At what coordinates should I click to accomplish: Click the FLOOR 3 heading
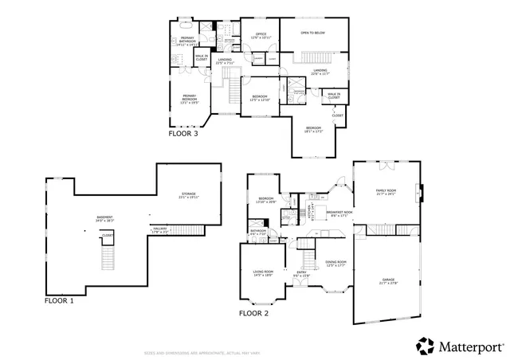(182, 134)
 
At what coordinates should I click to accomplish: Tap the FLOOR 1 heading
(59, 301)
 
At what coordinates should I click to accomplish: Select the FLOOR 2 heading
(253, 313)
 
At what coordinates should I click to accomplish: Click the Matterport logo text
(469, 346)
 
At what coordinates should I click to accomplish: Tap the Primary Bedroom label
(188, 99)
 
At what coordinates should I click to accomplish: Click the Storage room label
(188, 194)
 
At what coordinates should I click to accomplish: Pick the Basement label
(104, 218)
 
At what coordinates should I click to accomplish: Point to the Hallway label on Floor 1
(160, 229)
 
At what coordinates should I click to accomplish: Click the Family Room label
(386, 192)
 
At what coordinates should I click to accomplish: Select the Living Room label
(263, 273)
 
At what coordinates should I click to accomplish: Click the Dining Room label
(335, 264)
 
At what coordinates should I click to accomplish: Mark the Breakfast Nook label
(339, 213)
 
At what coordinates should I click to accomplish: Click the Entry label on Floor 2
(301, 273)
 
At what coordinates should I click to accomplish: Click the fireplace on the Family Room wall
(420, 191)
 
